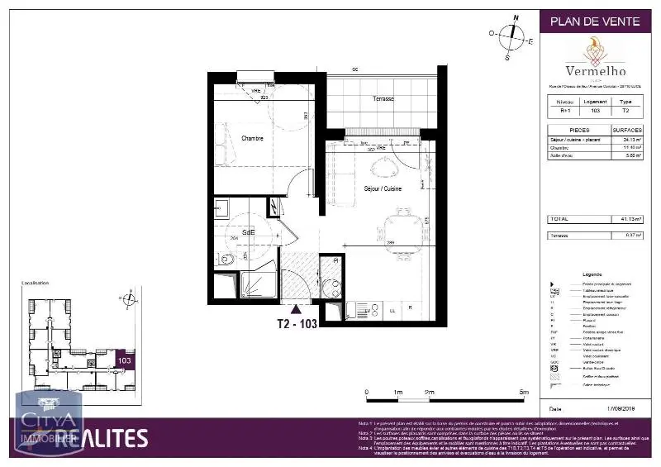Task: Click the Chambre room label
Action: coord(252,139)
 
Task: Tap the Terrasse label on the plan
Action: coord(383,98)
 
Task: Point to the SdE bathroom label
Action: coord(248,233)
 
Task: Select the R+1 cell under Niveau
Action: coord(563,110)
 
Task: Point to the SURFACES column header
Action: coord(627,130)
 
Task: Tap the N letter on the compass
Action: coord(516,17)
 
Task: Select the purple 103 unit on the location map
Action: coord(125,360)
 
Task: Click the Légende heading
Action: coord(592,274)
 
